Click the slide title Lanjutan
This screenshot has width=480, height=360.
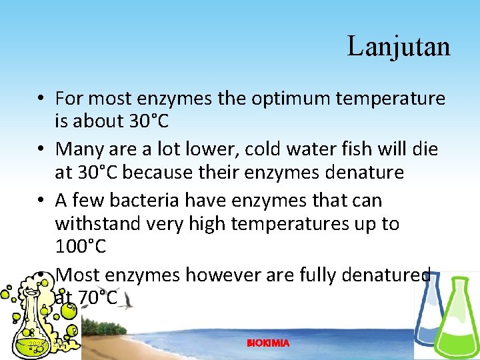[399, 47]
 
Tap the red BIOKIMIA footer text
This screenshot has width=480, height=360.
[268, 343]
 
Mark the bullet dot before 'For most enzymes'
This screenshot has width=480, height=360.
[41, 99]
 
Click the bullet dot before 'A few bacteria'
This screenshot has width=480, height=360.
[41, 200]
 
